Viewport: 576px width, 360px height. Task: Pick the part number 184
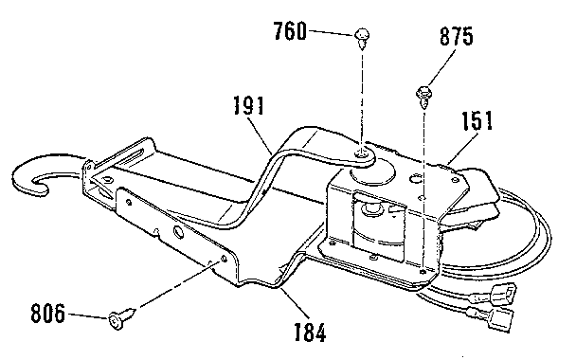click(308, 333)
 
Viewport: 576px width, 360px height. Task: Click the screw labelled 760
click(361, 37)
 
